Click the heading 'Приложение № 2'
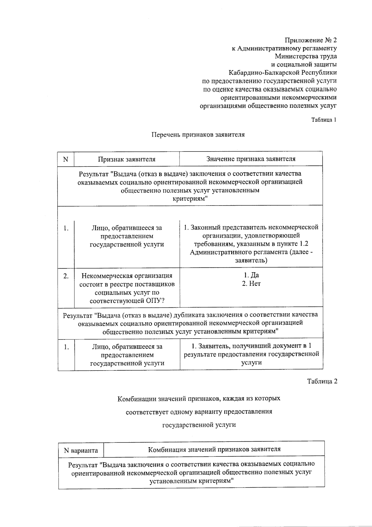coord(311,40)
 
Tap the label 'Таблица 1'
coord(324,120)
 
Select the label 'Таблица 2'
coord(322,381)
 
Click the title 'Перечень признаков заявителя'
coord(198,134)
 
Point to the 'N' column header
coord(65,159)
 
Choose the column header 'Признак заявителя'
coord(126,159)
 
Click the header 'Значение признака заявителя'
coord(251,159)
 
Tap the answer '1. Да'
coord(251,275)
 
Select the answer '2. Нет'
coord(251,284)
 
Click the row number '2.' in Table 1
coord(66,276)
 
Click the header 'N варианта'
coord(81,450)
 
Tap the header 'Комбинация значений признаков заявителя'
coord(214,449)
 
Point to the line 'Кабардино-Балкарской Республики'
coord(282,73)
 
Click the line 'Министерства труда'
coord(306,56)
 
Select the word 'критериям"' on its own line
coord(190,199)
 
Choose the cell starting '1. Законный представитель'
coord(251,244)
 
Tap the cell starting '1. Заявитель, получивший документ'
coord(251,354)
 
